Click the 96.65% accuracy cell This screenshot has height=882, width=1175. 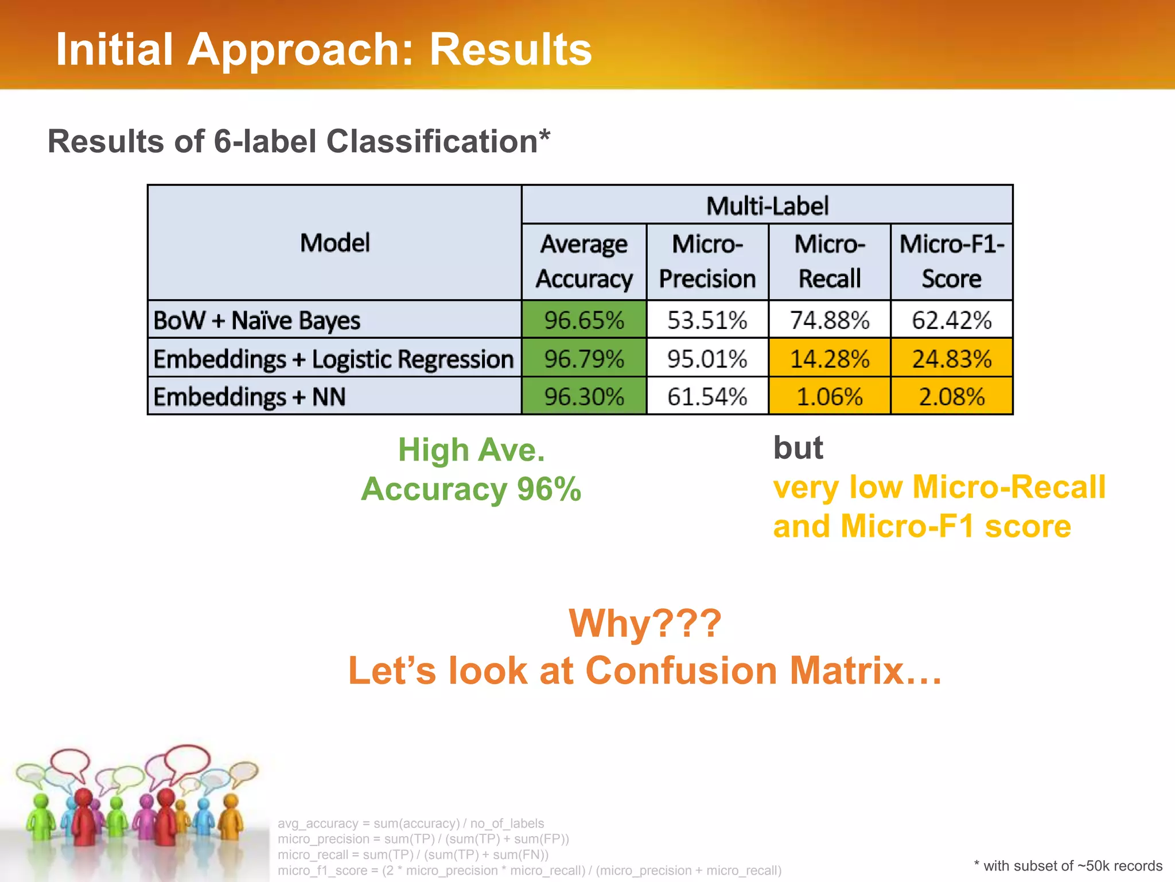pyautogui.click(x=583, y=320)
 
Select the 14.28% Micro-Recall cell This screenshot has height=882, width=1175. pyautogui.click(x=829, y=359)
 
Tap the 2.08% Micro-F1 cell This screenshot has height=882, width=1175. pyautogui.click(x=951, y=397)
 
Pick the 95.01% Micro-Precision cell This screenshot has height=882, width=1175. pyautogui.click(x=707, y=359)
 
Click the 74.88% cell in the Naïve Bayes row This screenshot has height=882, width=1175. pyautogui.click(x=829, y=320)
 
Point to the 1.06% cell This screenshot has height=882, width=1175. pyautogui.click(x=829, y=397)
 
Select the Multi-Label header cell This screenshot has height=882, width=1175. pyautogui.click(x=767, y=206)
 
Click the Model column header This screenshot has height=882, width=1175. pyautogui.click(x=334, y=243)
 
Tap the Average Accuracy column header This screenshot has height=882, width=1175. pyautogui.click(x=583, y=262)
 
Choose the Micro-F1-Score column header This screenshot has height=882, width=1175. pyautogui.click(x=951, y=262)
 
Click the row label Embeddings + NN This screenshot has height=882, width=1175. pyautogui.click(x=250, y=397)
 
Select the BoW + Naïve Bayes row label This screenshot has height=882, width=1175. pyautogui.click(x=256, y=320)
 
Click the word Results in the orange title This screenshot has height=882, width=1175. pyautogui.click(x=510, y=50)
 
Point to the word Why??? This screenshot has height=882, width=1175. pyautogui.click(x=644, y=624)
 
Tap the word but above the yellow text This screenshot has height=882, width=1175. pyautogui.click(x=797, y=448)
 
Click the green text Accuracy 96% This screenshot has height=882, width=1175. pyautogui.click(x=471, y=489)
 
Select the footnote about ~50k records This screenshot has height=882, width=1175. pyautogui.click(x=1068, y=866)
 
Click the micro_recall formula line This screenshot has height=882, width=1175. pyautogui.click(x=413, y=854)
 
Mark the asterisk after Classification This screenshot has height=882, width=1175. pyautogui.click(x=544, y=135)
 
